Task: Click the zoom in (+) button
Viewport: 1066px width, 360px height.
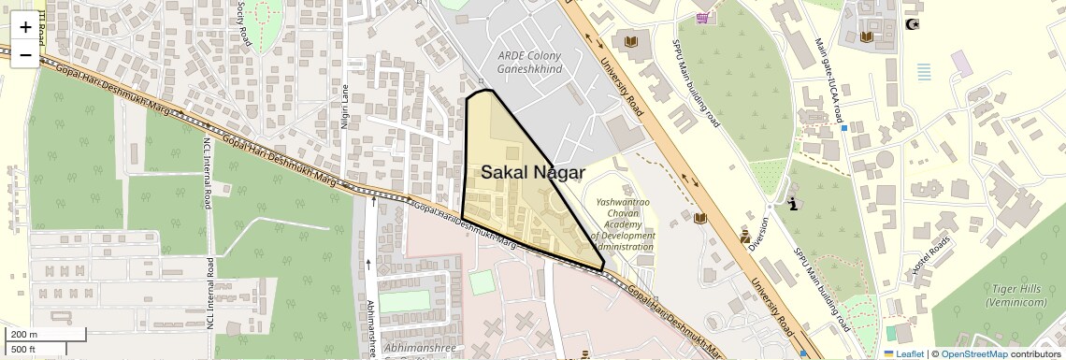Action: (25, 26)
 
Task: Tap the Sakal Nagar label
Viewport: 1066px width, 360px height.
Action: (533, 172)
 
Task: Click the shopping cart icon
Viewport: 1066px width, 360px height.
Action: (702, 18)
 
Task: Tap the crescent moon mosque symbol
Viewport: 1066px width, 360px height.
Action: (913, 23)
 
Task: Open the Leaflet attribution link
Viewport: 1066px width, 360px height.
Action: (903, 353)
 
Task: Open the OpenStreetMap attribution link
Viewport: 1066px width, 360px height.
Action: (973, 353)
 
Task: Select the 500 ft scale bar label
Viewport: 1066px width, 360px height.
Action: (24, 349)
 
